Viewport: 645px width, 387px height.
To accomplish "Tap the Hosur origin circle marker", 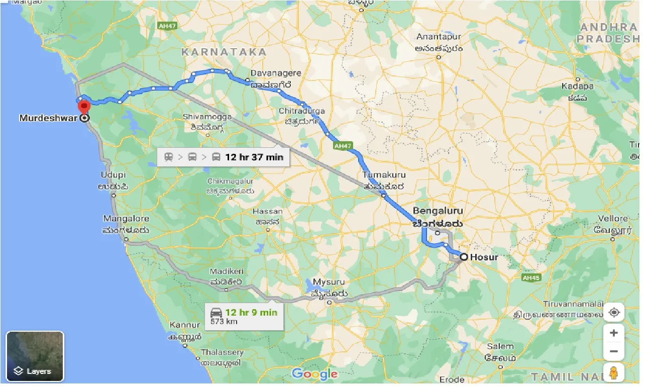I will pyautogui.click(x=464, y=257).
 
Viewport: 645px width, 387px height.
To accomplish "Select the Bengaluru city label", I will pyautogui.click(x=438, y=211).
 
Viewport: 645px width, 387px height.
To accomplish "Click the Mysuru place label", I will pyautogui.click(x=329, y=282).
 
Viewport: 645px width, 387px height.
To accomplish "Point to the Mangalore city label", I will pyautogui.click(x=126, y=219).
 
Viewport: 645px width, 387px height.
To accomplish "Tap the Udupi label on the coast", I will pyautogui.click(x=113, y=175).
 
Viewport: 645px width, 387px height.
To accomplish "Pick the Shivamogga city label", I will pyautogui.click(x=207, y=117).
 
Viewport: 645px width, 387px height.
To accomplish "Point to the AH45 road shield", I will pyautogui.click(x=530, y=277).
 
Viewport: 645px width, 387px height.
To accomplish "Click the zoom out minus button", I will pyautogui.click(x=613, y=351).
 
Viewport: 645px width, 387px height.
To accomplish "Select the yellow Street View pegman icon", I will pyautogui.click(x=613, y=373).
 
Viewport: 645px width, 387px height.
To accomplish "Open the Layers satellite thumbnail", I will pyautogui.click(x=35, y=356).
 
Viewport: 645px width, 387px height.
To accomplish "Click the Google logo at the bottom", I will pyautogui.click(x=314, y=374).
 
